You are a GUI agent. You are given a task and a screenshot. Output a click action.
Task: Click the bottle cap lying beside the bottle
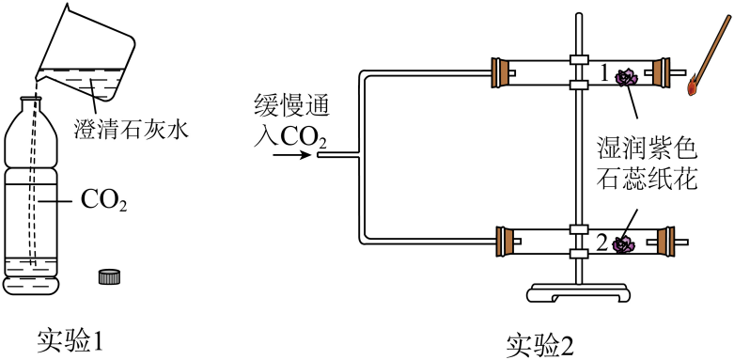(x=110, y=276)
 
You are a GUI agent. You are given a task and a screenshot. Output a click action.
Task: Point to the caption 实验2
(x=537, y=344)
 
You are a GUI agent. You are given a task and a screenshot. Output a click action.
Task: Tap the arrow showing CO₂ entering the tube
(x=288, y=156)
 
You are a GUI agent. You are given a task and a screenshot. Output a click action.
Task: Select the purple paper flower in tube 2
(x=622, y=244)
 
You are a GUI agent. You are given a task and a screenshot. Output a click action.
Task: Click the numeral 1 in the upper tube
(x=606, y=72)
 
